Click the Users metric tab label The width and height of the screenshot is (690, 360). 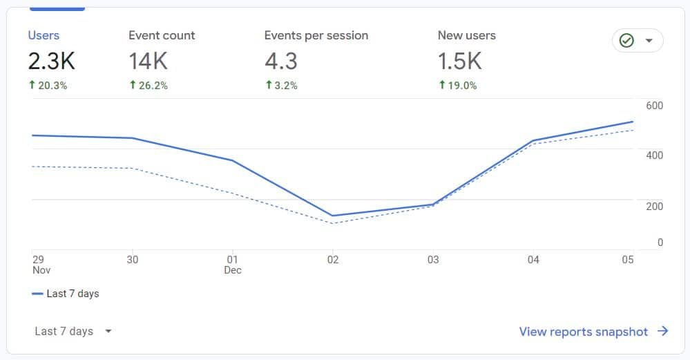(x=44, y=35)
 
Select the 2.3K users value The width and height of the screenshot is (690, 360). (x=51, y=61)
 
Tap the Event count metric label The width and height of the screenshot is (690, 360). (x=162, y=35)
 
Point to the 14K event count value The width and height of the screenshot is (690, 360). (x=148, y=61)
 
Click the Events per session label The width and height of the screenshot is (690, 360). (x=316, y=35)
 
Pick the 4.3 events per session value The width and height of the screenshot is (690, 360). (x=280, y=61)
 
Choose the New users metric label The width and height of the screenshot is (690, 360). (x=466, y=35)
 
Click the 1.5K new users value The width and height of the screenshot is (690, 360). (x=459, y=61)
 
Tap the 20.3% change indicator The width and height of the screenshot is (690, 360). (x=48, y=86)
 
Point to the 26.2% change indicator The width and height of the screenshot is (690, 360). (x=148, y=86)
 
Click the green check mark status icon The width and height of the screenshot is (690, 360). (x=626, y=41)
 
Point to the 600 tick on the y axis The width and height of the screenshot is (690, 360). (x=654, y=105)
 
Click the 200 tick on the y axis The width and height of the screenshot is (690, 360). (x=654, y=206)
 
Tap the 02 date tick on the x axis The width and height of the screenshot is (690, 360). (x=333, y=260)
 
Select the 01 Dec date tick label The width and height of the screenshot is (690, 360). (x=233, y=265)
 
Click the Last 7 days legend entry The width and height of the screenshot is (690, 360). (x=66, y=294)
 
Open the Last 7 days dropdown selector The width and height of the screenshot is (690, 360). (x=73, y=332)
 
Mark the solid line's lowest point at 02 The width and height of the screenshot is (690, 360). (x=333, y=216)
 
